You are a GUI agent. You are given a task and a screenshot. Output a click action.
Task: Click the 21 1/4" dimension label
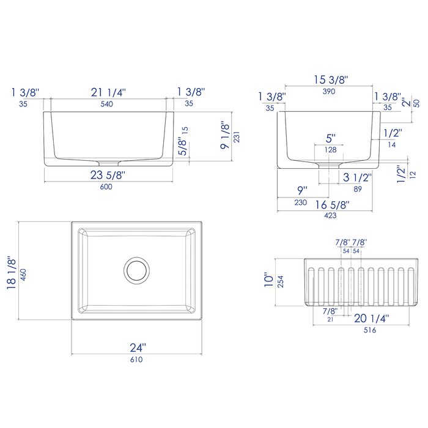coord(108,92)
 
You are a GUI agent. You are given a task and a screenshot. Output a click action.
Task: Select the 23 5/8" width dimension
coord(108,175)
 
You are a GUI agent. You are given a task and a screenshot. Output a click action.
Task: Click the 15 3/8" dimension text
coord(331,79)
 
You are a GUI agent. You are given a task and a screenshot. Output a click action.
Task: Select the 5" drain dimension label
coord(331,138)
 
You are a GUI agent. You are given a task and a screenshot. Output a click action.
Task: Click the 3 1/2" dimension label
coord(356,179)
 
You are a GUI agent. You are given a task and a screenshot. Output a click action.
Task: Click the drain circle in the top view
coord(136,270)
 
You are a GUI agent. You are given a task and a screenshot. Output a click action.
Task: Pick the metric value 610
coord(136,360)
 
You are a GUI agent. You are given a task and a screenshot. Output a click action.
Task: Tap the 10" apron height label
coord(268,281)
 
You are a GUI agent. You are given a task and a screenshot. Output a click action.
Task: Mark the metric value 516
coord(370,330)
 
